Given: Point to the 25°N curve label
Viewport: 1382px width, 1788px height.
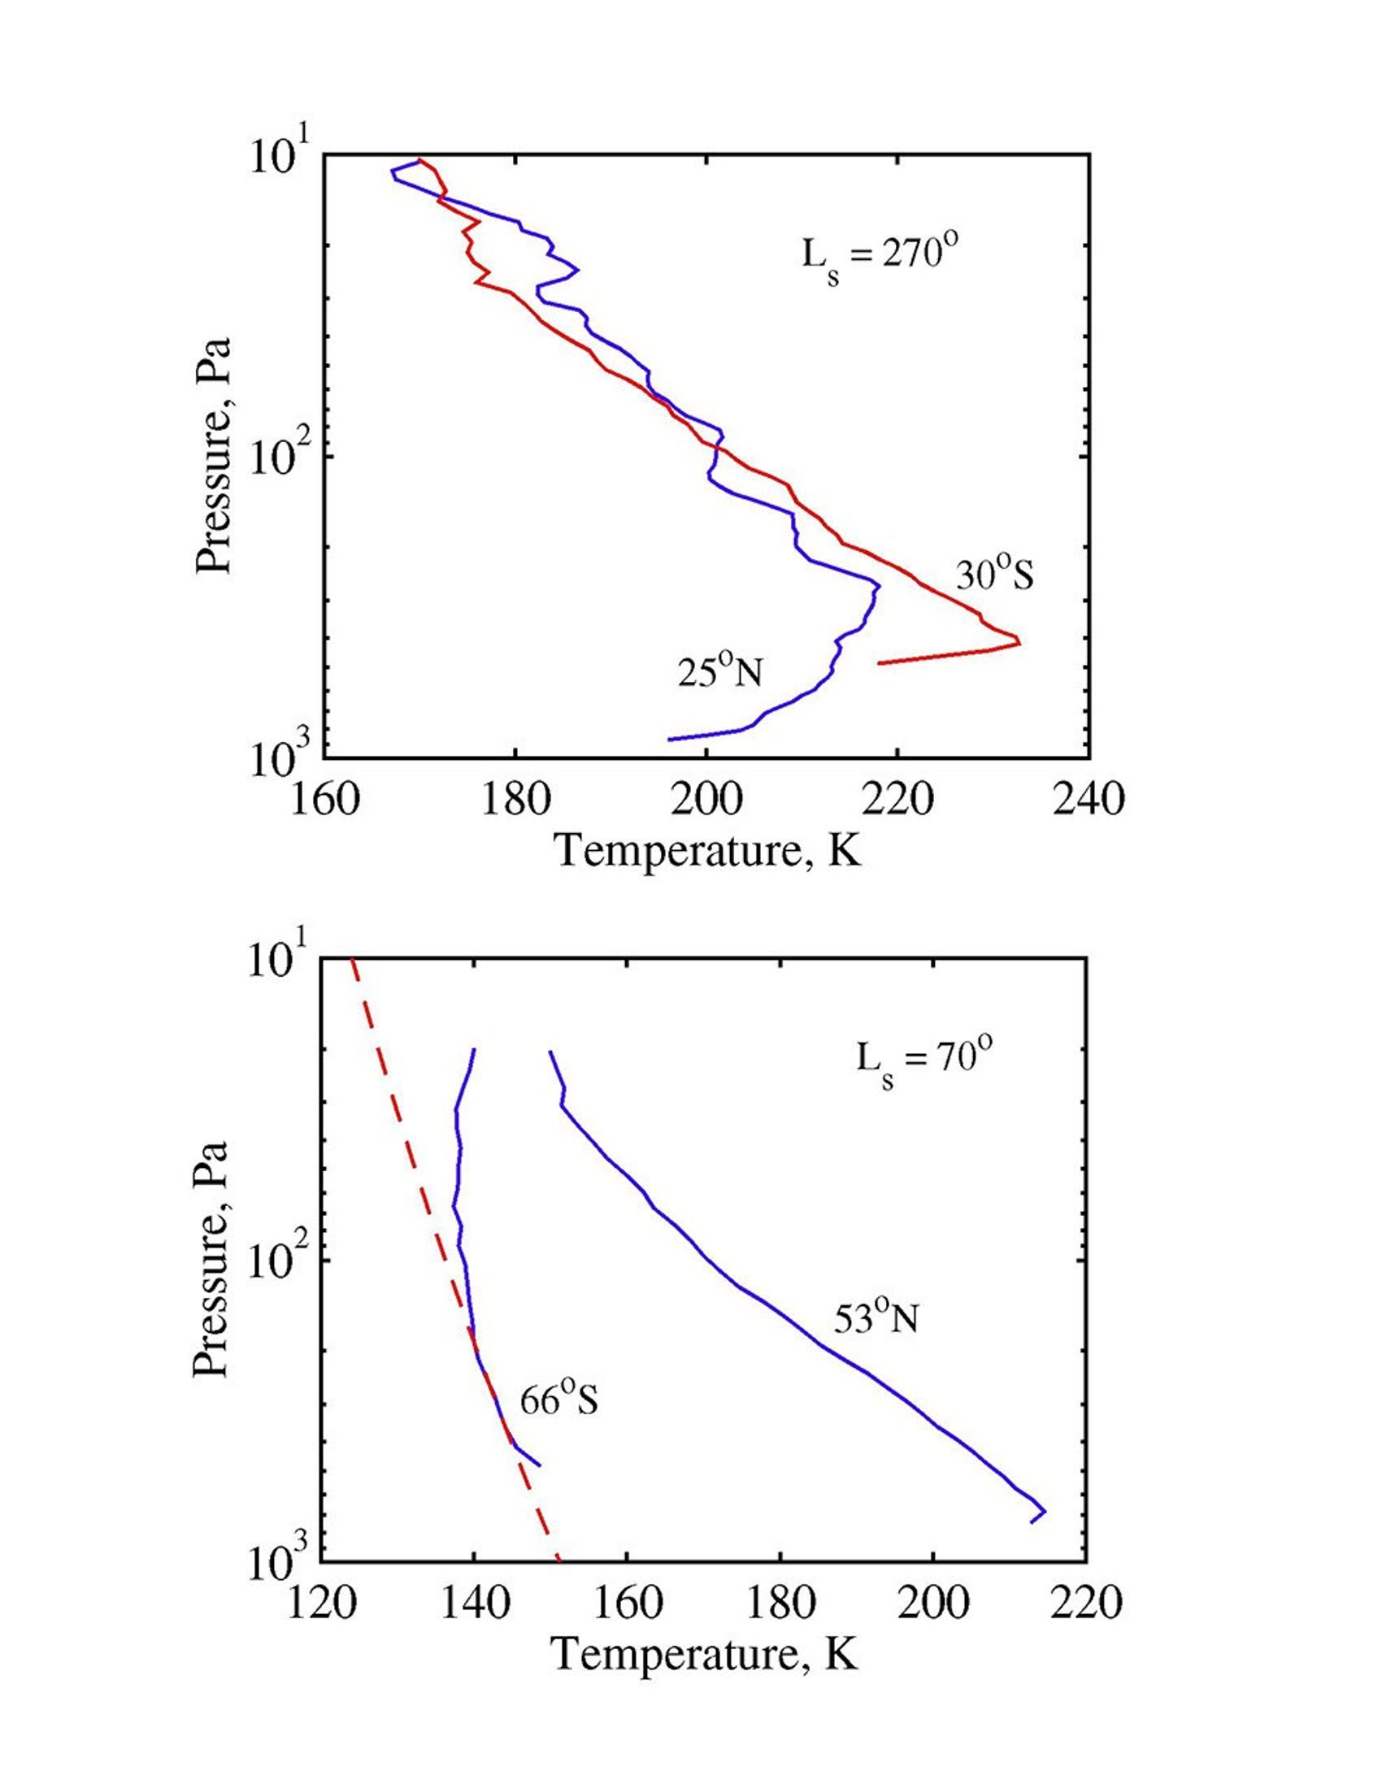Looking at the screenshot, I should (x=719, y=671).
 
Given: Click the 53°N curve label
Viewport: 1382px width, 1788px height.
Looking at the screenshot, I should (x=876, y=1318).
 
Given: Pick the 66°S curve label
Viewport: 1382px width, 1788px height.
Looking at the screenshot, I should (x=559, y=1402).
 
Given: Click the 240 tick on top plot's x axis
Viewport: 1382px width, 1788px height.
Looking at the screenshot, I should (x=1088, y=800).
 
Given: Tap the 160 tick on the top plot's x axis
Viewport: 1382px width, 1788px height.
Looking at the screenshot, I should (x=325, y=800).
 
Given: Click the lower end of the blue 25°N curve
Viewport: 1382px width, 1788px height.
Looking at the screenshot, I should (x=670, y=740).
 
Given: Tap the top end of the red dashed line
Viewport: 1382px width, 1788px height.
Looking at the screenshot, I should (x=351, y=959).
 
